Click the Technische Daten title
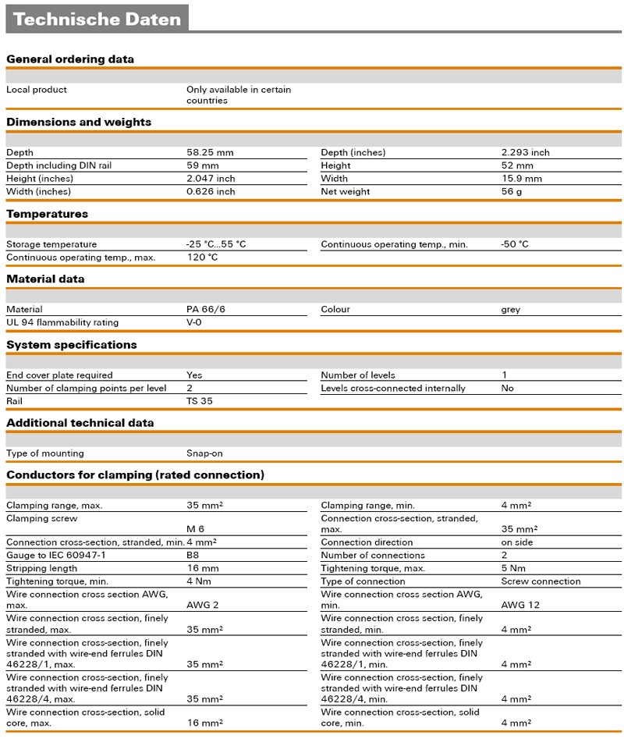coord(97,20)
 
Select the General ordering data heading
coord(70,59)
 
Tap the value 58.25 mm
coord(210,153)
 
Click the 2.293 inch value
coord(525,153)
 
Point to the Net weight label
coord(346,192)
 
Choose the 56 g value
coord(512,192)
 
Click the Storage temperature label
coord(51,244)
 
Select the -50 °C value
coord(514,244)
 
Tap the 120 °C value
coord(202,258)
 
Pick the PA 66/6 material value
coord(206,310)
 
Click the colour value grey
coord(511,310)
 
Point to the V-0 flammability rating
coord(194,323)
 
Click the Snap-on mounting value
coord(205,453)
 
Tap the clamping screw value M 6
coord(195,529)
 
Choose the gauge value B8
coord(193,556)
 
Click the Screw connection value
coord(541,581)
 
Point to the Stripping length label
coord(41,569)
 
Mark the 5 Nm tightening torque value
coord(512,569)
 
